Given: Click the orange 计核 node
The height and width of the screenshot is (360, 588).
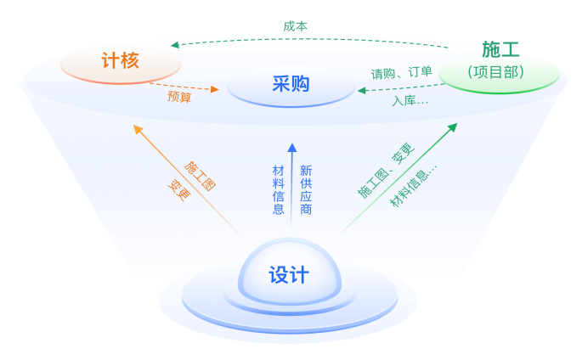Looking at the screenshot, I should (120, 60).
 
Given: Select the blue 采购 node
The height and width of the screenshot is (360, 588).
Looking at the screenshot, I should (291, 83).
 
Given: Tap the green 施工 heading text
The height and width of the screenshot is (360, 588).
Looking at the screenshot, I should (500, 50).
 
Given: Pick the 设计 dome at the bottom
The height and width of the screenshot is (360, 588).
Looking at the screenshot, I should (289, 274).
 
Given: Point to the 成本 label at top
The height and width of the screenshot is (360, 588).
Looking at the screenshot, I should (295, 26).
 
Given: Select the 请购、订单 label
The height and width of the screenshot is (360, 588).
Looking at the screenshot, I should (401, 73).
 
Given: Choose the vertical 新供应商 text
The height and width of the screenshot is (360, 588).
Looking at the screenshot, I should (306, 189).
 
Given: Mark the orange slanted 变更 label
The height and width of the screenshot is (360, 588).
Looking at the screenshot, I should (179, 188).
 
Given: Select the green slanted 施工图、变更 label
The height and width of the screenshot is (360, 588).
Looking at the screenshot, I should (385, 171).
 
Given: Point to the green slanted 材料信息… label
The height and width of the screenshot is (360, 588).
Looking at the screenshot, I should (414, 185).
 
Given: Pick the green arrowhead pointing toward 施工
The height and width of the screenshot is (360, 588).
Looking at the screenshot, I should (452, 128).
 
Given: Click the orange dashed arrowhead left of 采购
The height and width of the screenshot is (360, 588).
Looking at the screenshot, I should (214, 88).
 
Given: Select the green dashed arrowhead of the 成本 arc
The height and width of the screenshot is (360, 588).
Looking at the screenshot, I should (175, 45).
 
